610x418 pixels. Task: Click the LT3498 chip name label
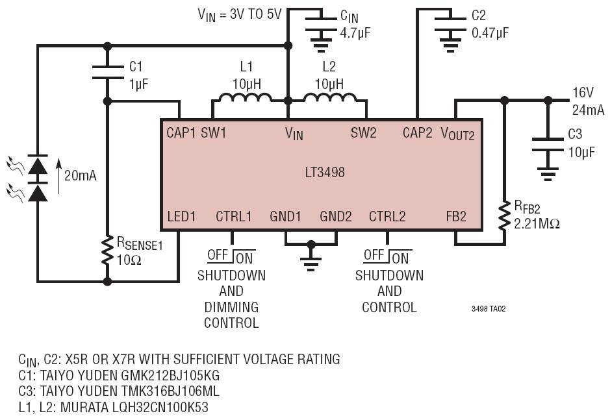pos(325,172)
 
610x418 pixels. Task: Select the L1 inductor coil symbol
pos(245,97)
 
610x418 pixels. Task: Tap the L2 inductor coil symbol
pos(329,97)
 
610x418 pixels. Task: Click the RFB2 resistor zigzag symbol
pos(504,215)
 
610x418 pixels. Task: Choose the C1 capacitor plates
pos(107,72)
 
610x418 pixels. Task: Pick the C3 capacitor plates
pos(548,144)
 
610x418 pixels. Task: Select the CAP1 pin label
pos(181,133)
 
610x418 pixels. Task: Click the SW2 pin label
pos(363,133)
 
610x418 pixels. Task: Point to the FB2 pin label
pos(456,216)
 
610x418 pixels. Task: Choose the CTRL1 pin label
pos(234,216)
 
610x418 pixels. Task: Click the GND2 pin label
pos(336,216)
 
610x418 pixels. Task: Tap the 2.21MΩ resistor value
pos(537,224)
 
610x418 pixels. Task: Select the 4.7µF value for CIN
pos(355,32)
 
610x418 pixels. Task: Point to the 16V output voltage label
pos(583,93)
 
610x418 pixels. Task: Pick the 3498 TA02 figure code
pos(489,309)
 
